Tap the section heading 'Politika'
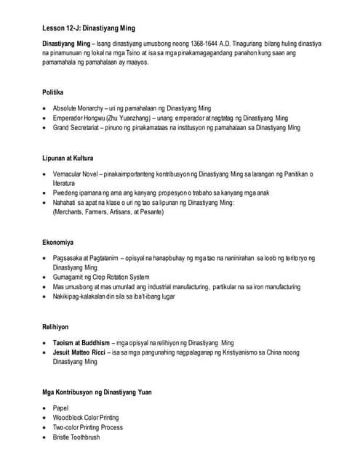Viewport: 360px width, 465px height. point(52,92)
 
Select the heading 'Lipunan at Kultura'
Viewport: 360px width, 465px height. point(68,157)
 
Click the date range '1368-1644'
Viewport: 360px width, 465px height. point(202,44)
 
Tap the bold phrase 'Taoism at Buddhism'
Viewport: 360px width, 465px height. point(81,342)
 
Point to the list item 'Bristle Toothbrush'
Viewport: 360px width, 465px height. point(76,437)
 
